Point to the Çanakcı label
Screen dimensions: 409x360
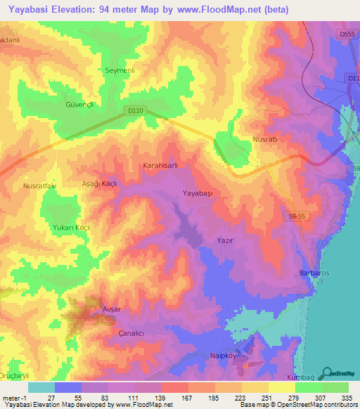click(x=131, y=332)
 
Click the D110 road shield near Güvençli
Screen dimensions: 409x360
click(x=136, y=110)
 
